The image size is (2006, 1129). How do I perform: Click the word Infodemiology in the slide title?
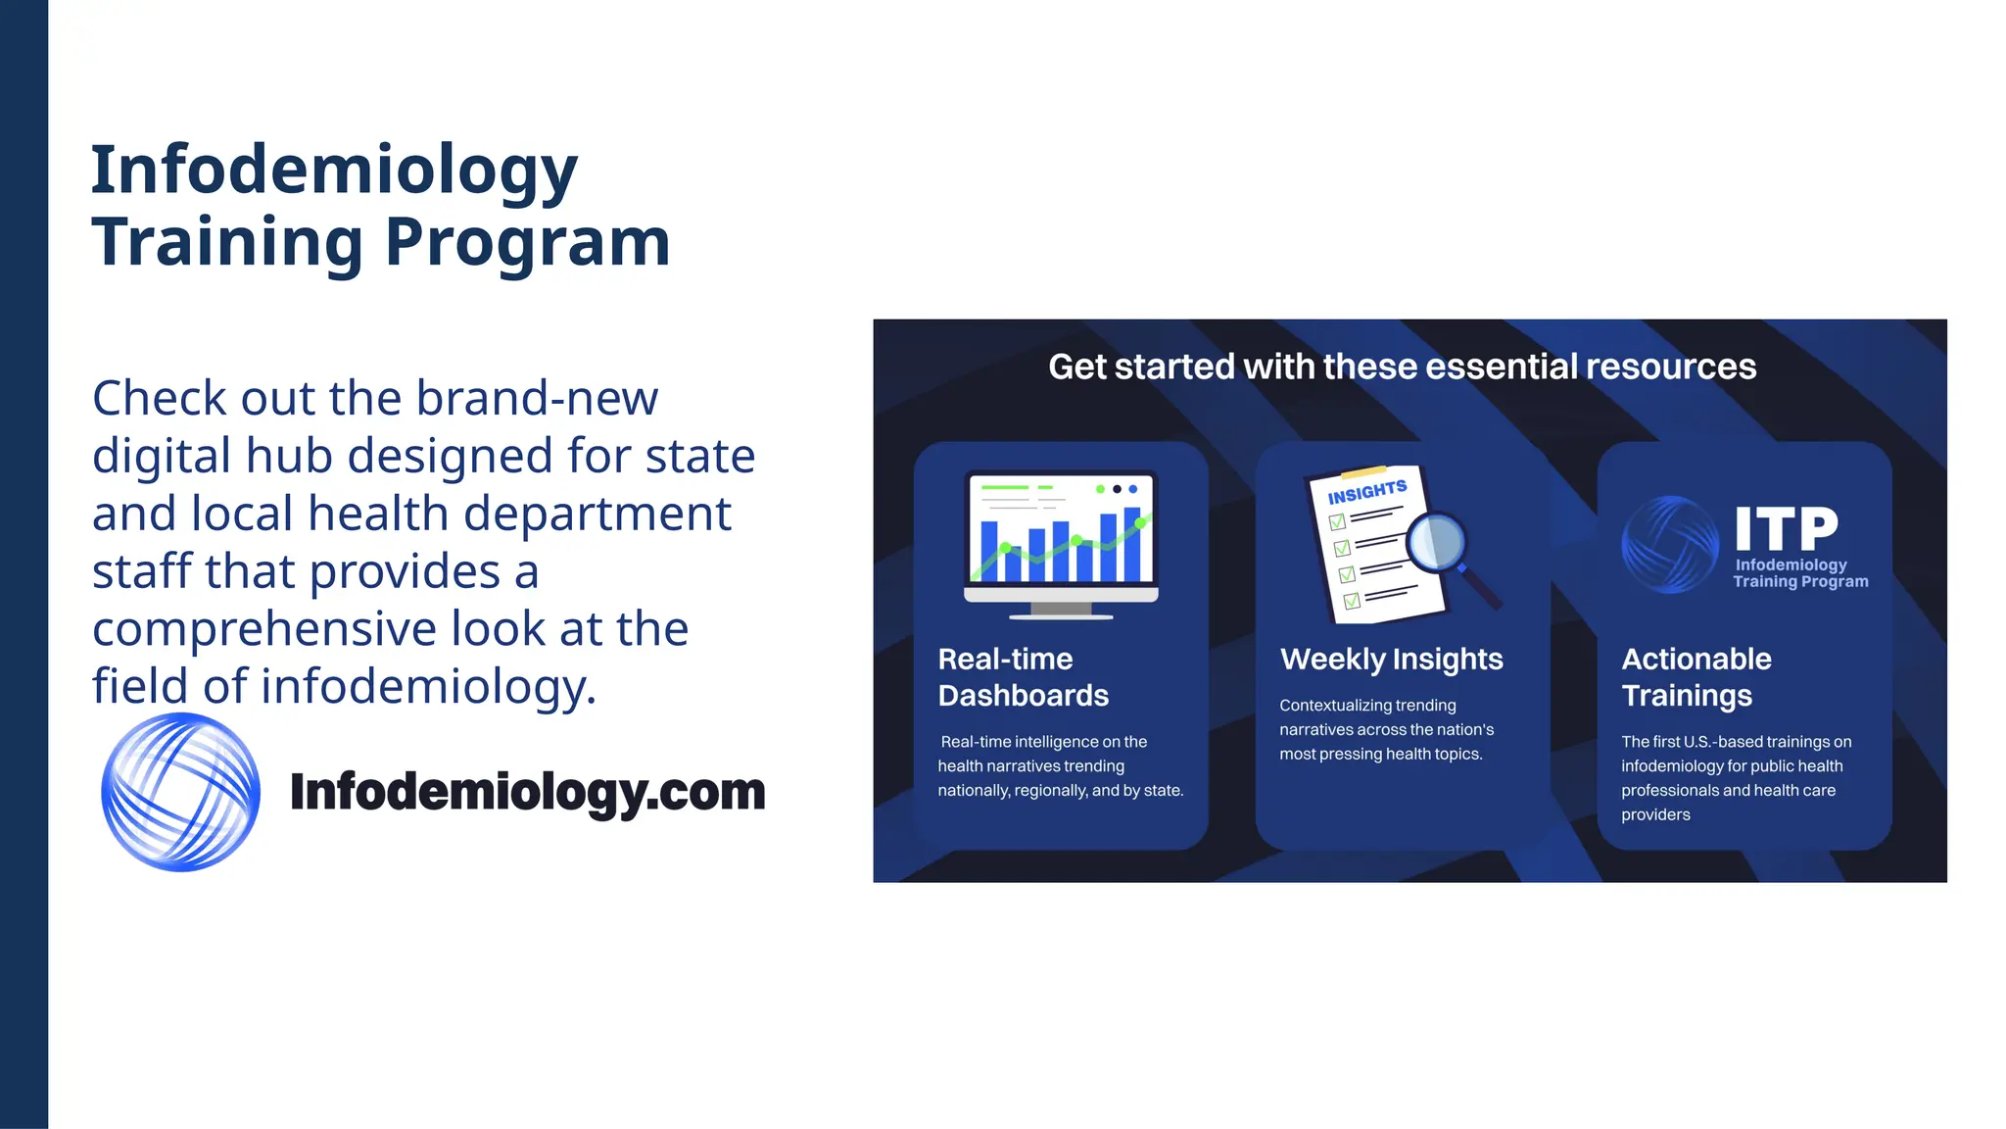(x=334, y=171)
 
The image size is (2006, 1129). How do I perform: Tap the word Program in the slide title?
(x=527, y=242)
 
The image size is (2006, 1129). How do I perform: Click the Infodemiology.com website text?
(x=527, y=792)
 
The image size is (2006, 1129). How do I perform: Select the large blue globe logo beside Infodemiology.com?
(x=181, y=792)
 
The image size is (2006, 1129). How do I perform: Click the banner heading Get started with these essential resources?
(x=1402, y=367)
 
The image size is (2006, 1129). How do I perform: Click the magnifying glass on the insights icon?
(x=1436, y=542)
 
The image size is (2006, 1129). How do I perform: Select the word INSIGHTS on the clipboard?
(x=1366, y=492)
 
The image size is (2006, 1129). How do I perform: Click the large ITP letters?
(x=1787, y=529)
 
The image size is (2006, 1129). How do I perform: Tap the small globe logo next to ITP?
(x=1670, y=545)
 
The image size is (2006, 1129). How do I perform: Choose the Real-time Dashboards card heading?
(x=1023, y=677)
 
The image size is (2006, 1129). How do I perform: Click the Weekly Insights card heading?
(x=1391, y=660)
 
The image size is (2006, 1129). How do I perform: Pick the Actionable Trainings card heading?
(x=1696, y=677)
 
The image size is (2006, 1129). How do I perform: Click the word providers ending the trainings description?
(x=1655, y=814)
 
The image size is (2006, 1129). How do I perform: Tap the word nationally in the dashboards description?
(x=971, y=791)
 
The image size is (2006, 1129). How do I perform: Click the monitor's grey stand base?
(x=1061, y=614)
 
